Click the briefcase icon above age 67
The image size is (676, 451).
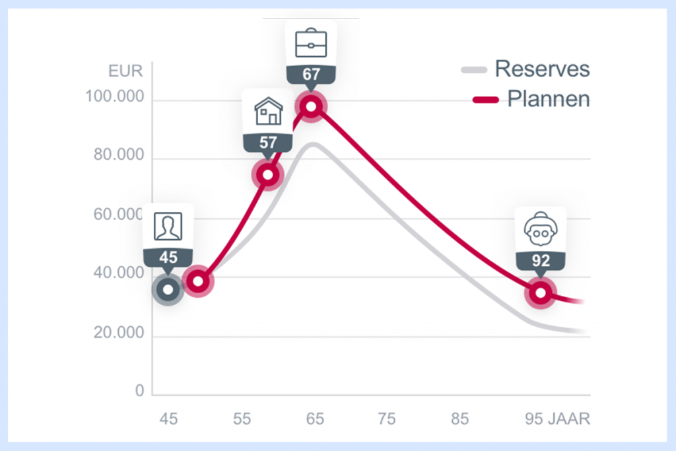311,44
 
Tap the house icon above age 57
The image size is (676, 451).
268,112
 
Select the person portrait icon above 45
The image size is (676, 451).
168,226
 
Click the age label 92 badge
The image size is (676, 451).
541,261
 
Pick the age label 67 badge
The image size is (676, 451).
311,75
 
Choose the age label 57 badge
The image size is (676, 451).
268,142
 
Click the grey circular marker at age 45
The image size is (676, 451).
168,289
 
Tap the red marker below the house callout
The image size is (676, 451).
267,175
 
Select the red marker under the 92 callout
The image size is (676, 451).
541,293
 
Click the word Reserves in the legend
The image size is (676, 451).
542,69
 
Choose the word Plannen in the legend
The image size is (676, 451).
548,99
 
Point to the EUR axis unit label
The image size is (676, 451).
125,71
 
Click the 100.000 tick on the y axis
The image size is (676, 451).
115,98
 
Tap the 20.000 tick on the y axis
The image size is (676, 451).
118,333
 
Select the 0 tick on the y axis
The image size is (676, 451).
139,392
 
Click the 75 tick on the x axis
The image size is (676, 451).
388,419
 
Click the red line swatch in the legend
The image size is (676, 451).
486,100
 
